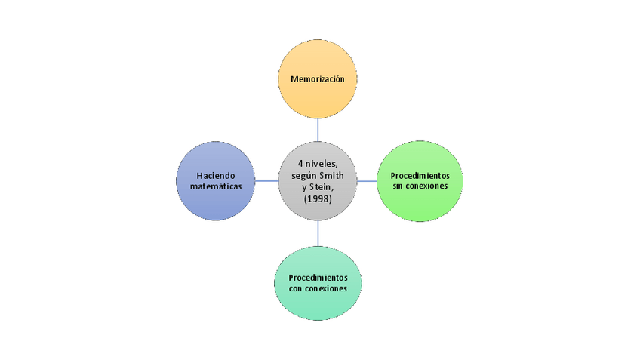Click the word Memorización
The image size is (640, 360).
[317, 78]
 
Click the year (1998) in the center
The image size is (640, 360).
[318, 198]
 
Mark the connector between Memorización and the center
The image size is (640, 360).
[318, 130]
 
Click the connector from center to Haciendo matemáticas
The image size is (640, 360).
[265, 181]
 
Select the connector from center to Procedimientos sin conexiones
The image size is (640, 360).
[368, 181]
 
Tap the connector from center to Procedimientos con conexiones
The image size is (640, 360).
[318, 233]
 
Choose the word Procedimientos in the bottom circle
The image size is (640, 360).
[318, 278]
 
